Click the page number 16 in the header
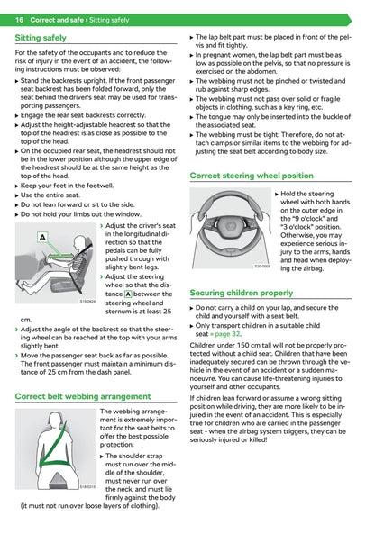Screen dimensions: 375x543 point(19,20)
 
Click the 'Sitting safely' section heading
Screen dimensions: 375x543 point(41,38)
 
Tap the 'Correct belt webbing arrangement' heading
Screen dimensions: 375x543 point(83,396)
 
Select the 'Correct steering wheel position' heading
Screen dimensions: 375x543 point(252,176)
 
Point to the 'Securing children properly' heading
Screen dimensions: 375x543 point(242,293)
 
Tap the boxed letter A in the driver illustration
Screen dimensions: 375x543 point(42,238)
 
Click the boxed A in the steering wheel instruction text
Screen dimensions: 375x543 point(128,294)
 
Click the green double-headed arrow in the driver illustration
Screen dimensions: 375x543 point(61,257)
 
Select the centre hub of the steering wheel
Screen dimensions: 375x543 point(229,226)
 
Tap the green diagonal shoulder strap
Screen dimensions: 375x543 point(55,442)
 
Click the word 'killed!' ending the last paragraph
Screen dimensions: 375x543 point(258,439)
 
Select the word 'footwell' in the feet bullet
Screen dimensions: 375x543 point(100,186)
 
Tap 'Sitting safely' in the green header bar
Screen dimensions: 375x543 point(109,20)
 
